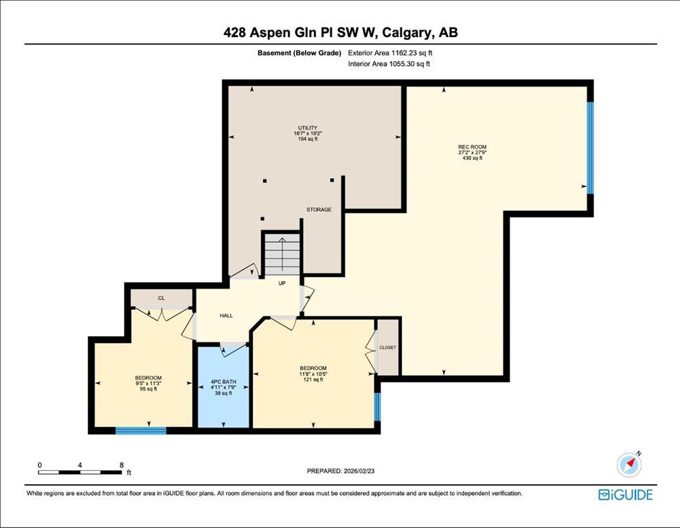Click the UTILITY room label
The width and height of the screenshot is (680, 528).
(x=308, y=128)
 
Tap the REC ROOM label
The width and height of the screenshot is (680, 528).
(x=473, y=147)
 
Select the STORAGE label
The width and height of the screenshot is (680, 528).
(x=319, y=210)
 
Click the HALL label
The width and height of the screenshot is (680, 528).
(x=227, y=316)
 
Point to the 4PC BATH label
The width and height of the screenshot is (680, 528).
(x=223, y=382)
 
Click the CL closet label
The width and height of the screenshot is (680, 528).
(x=161, y=298)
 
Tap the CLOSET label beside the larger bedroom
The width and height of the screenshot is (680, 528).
(x=387, y=347)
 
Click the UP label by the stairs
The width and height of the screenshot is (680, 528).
(x=282, y=283)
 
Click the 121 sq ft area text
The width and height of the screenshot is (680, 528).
(x=313, y=379)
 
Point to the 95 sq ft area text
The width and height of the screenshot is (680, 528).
(x=148, y=389)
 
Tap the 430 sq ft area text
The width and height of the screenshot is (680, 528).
(x=473, y=158)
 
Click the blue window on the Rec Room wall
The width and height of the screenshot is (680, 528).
(x=590, y=148)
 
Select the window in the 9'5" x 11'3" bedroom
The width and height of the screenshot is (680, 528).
(x=141, y=430)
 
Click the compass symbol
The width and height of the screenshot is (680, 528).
(x=629, y=465)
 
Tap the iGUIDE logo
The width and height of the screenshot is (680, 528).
(x=625, y=494)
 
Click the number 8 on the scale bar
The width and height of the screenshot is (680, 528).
(x=122, y=465)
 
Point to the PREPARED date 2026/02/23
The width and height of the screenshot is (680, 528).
(x=359, y=471)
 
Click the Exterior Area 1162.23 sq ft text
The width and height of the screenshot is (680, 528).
(x=390, y=53)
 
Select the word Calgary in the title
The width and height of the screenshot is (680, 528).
(x=409, y=33)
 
